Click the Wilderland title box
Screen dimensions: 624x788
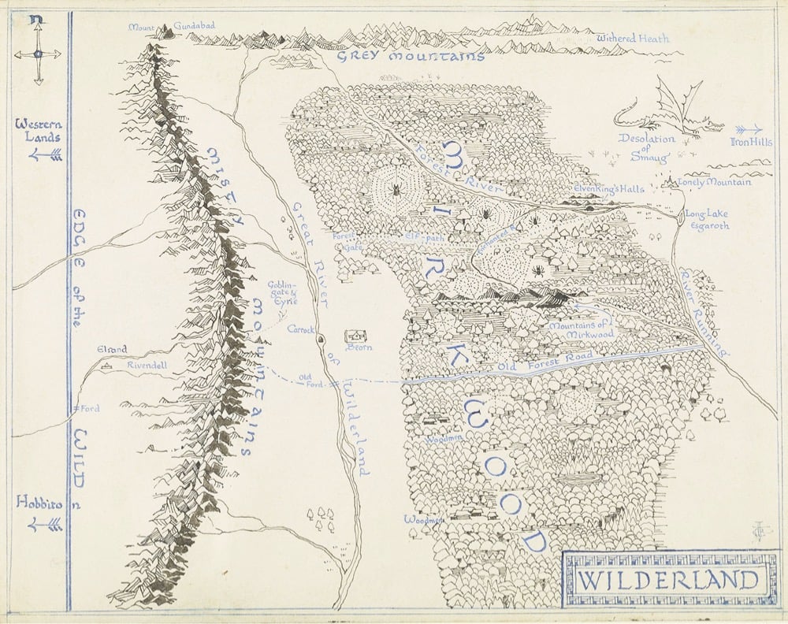click(666, 581)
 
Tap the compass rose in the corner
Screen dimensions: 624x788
click(37, 53)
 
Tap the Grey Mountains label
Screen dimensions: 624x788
click(410, 57)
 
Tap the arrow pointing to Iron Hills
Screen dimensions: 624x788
click(748, 129)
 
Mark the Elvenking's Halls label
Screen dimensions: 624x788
click(609, 189)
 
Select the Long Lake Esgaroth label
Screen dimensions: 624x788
click(707, 219)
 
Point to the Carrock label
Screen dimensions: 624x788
click(301, 328)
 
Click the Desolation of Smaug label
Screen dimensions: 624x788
click(648, 147)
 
